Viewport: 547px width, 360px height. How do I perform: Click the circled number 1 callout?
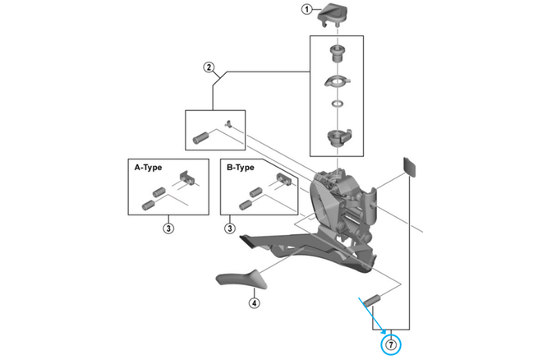click(306, 11)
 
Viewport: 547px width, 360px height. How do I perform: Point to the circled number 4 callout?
click(254, 302)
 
